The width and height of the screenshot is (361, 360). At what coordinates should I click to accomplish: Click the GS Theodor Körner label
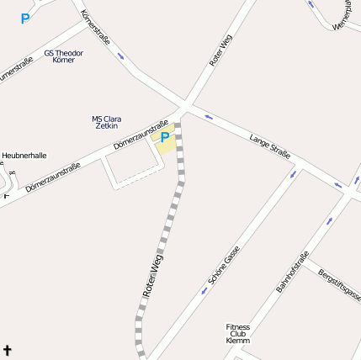[64, 56]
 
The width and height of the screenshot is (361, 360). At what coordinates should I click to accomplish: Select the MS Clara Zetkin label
[106, 122]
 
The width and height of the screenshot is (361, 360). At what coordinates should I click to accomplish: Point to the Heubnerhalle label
[24, 156]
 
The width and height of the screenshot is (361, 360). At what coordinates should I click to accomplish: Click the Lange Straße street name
[270, 145]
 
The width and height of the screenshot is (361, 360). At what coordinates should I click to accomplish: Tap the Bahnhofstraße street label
[293, 272]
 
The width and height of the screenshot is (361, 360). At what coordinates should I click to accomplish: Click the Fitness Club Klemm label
[238, 333]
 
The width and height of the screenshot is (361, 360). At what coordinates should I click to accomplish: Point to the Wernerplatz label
[346, 15]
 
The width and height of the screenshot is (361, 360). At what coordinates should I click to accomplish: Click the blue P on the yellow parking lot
[165, 137]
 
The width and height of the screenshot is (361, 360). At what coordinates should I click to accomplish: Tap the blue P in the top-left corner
[25, 19]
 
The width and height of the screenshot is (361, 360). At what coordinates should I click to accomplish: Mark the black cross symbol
[8, 349]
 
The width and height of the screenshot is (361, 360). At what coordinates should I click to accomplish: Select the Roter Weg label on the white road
[220, 50]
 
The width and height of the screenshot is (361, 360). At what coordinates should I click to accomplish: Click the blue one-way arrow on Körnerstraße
[121, 56]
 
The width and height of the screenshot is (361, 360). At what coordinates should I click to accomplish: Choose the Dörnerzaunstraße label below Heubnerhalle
[52, 177]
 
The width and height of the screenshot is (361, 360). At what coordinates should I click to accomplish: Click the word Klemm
[238, 341]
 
